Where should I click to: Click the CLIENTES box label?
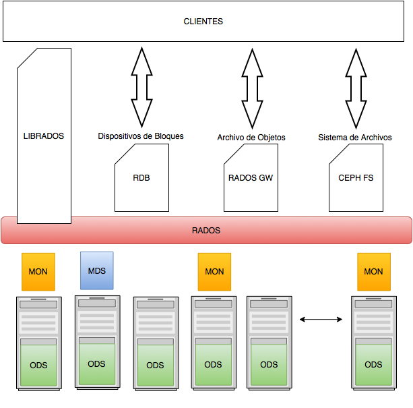click(203, 22)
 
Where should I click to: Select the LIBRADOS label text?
click(43, 136)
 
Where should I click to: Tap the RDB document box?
click(141, 178)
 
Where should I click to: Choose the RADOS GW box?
click(251, 178)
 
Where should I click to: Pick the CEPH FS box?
click(356, 178)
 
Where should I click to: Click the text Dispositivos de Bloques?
click(141, 136)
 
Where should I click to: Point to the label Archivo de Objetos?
click(251, 138)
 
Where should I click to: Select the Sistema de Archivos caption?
click(355, 138)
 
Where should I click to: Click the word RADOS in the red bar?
click(206, 231)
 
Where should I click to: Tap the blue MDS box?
click(97, 270)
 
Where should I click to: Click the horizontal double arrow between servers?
click(321, 319)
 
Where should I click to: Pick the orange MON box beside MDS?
click(38, 271)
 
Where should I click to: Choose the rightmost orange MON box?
click(373, 271)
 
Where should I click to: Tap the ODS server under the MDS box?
click(97, 343)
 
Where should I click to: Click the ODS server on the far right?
click(373, 343)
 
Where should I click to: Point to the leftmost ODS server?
click(38, 343)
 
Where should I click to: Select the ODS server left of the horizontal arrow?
click(269, 343)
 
